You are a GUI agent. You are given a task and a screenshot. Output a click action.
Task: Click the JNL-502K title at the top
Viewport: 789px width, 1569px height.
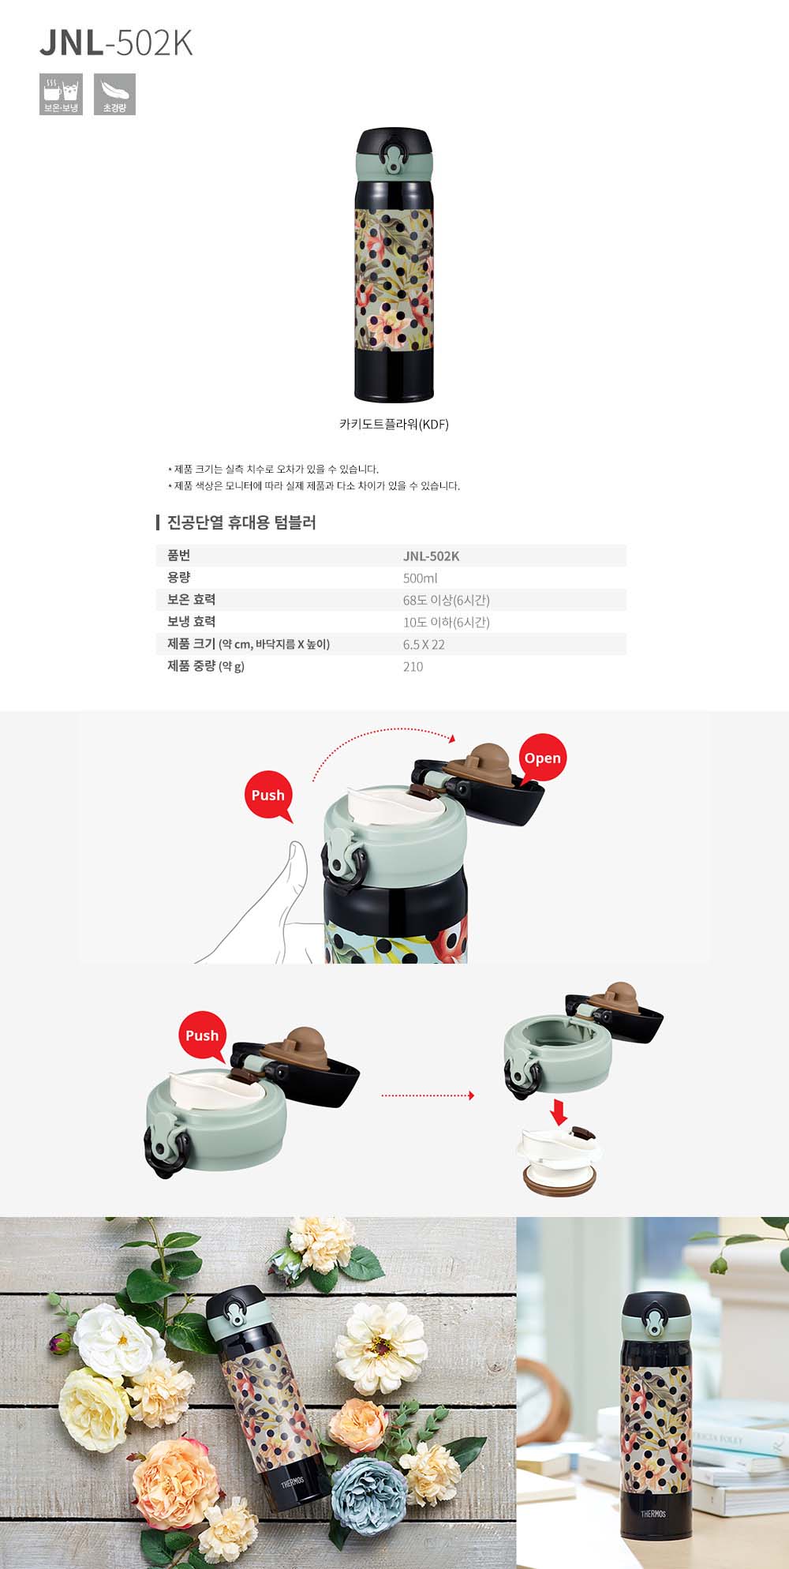[116, 44]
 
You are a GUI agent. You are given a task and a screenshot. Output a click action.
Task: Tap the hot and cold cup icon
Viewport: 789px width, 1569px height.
[61, 94]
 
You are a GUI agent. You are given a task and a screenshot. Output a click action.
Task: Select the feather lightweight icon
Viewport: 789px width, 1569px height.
[114, 94]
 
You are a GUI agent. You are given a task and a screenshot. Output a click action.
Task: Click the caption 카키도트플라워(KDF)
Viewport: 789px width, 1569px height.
[394, 424]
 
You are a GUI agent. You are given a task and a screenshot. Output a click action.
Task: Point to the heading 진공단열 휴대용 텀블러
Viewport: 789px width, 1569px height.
[241, 522]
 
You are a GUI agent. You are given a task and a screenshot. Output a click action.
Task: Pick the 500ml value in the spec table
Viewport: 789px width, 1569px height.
[420, 578]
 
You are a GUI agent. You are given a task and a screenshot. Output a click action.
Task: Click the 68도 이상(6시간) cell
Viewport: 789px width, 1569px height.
[446, 600]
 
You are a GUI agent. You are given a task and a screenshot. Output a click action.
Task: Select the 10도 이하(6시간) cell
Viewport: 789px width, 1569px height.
[446, 622]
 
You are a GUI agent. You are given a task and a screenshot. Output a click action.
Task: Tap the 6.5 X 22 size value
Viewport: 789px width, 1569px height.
[424, 644]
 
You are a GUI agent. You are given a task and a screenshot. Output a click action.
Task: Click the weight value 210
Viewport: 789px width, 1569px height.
[413, 666]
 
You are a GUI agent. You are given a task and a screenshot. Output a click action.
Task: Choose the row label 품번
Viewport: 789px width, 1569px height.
[178, 556]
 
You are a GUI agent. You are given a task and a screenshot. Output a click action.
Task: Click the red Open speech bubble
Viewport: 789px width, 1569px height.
[542, 758]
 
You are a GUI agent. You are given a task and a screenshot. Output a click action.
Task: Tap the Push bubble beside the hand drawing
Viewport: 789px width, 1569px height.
[268, 796]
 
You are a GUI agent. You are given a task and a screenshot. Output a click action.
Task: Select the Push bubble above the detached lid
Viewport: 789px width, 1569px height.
[202, 1035]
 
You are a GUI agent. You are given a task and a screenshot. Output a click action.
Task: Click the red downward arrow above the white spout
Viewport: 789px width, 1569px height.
[559, 1112]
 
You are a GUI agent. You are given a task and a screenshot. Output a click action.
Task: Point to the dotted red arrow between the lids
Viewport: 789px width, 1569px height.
[428, 1095]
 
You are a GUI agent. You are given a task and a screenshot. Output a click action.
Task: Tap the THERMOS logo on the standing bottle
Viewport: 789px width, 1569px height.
[653, 1514]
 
